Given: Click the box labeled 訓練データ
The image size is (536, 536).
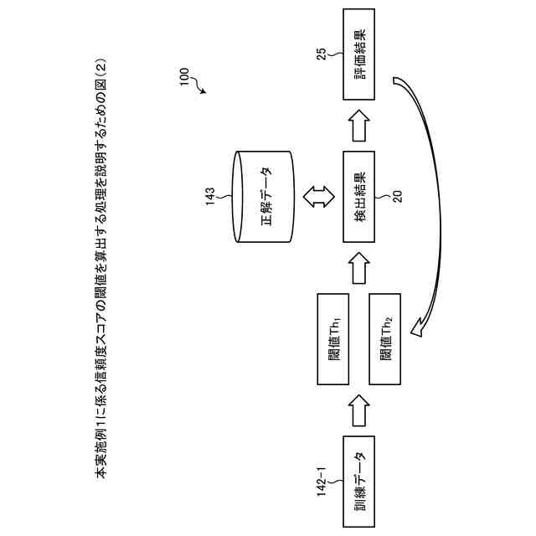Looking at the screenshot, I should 359,482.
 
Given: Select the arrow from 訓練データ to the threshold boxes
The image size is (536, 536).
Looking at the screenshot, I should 359,410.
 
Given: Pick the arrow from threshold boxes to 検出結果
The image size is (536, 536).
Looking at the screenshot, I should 359,266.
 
